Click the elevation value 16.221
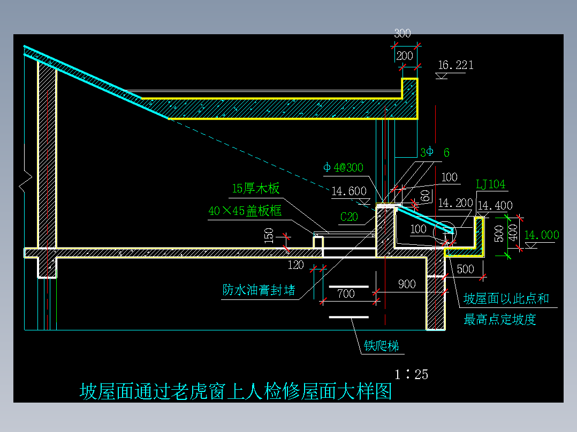(455, 65)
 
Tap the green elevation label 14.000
(542, 235)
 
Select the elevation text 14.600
(349, 191)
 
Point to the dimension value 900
(407, 284)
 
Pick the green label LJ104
(490, 184)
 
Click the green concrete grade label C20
(350, 217)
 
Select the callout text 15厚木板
(256, 189)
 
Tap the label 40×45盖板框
(245, 211)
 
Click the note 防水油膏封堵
(259, 290)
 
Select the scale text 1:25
(412, 374)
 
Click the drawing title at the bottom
(236, 391)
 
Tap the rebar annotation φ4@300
(343, 167)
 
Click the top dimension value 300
(403, 33)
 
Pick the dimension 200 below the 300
(405, 55)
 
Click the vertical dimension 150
(269, 235)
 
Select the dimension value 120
(295, 264)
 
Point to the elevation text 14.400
(495, 205)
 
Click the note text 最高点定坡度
(500, 320)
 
